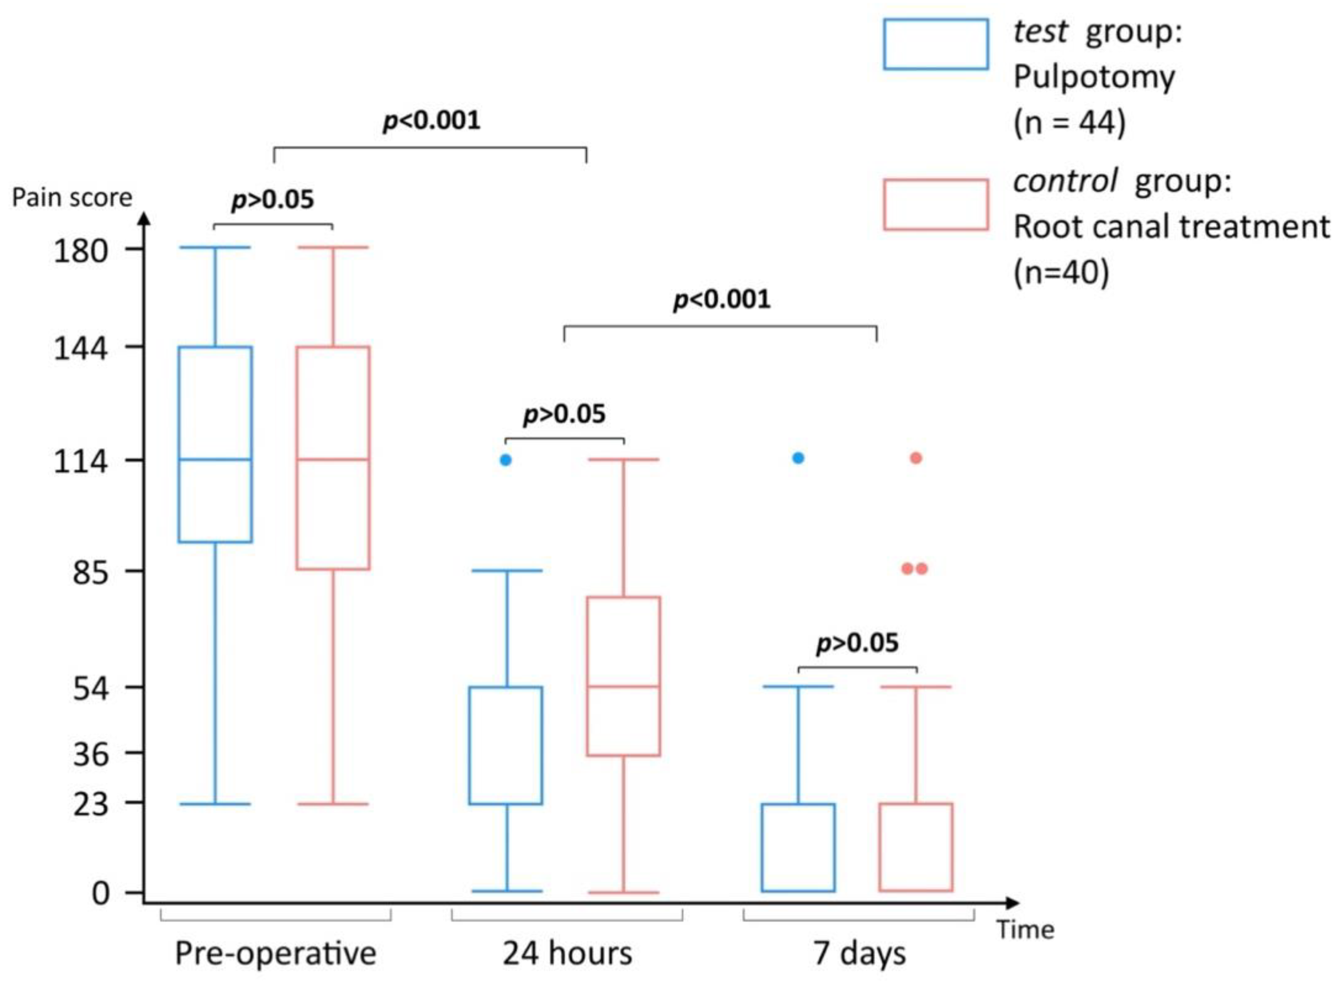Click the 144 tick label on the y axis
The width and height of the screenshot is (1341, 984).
tap(81, 348)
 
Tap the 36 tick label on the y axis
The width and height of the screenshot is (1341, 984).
tap(91, 755)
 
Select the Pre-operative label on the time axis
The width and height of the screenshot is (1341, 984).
tap(275, 953)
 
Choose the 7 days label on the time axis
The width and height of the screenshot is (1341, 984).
tap(859, 953)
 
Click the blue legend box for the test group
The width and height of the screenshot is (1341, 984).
tap(935, 44)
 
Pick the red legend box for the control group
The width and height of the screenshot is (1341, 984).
tap(935, 204)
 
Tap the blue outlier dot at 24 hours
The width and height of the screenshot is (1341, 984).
tap(505, 460)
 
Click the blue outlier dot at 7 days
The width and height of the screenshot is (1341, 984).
tap(798, 458)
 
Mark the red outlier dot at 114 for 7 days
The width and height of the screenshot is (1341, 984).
tap(916, 458)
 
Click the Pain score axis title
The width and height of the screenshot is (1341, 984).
tap(72, 198)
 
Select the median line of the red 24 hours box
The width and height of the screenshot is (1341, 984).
tap(623, 686)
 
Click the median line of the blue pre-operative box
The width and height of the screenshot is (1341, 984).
tap(215, 459)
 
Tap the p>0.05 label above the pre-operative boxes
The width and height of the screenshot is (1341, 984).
tap(272, 200)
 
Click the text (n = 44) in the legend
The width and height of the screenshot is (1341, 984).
tap(1069, 123)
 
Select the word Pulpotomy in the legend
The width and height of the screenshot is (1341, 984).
tap(1094, 77)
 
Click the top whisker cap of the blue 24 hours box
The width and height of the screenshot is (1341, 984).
tap(507, 571)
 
